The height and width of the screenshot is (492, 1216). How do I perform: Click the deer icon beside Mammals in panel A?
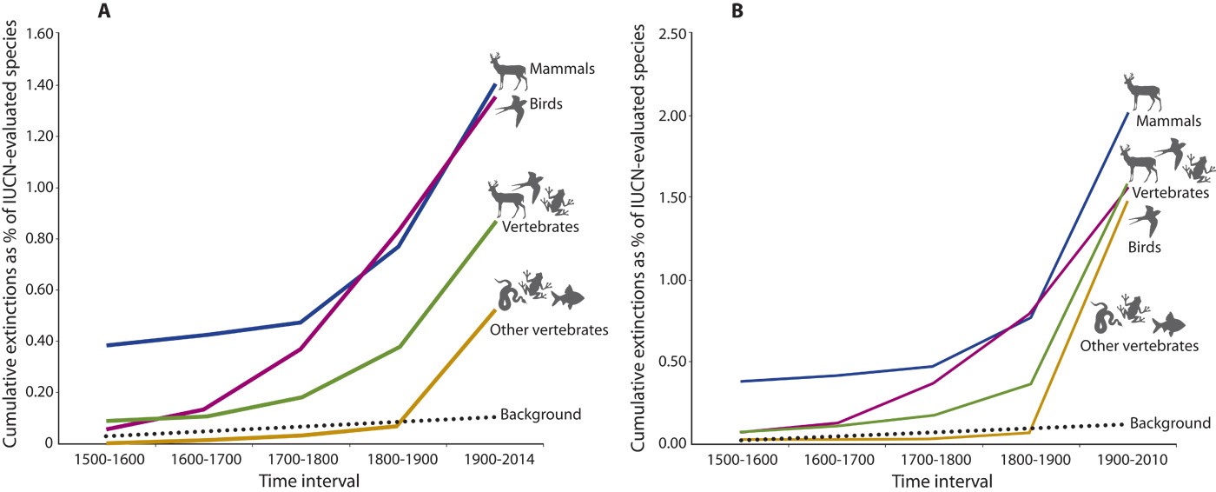tap(506, 71)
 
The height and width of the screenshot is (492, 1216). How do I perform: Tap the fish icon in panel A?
tap(567, 297)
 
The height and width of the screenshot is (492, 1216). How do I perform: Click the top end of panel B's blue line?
tap(1127, 113)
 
